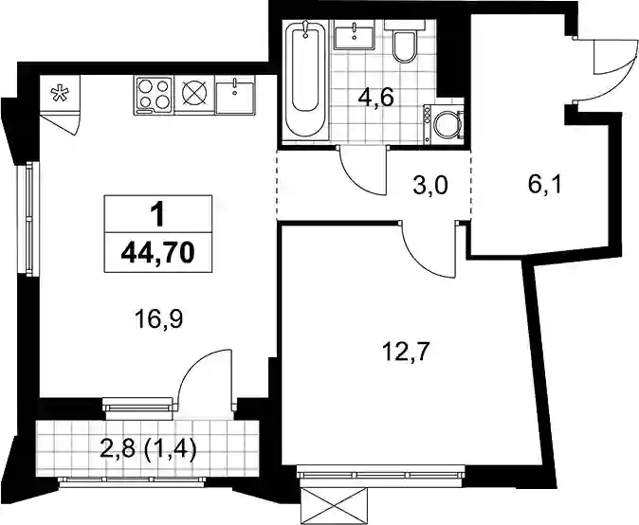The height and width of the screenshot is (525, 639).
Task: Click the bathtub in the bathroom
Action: pyautogui.click(x=305, y=81)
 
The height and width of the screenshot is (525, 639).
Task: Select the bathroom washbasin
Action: pyautogui.click(x=354, y=36)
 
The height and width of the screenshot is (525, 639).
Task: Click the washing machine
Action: pyautogui.click(x=444, y=122)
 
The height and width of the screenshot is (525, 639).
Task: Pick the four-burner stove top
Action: pyautogui.click(x=154, y=96)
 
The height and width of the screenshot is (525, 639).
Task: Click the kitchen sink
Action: pyautogui.click(x=235, y=96)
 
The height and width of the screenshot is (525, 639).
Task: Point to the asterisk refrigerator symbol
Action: pyautogui.click(x=59, y=93)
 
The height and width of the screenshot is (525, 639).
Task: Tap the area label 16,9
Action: pyautogui.click(x=159, y=319)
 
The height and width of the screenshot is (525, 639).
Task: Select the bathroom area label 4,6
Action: pyautogui.click(x=376, y=99)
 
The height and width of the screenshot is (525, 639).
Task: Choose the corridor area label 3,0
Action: pyautogui.click(x=429, y=186)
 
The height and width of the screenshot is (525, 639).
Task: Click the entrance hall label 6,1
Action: pyautogui.click(x=544, y=186)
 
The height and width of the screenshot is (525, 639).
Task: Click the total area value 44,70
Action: pyautogui.click(x=158, y=253)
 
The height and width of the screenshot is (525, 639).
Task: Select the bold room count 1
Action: pyautogui.click(x=158, y=214)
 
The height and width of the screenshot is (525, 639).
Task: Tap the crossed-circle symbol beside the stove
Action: pyautogui.click(x=194, y=96)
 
